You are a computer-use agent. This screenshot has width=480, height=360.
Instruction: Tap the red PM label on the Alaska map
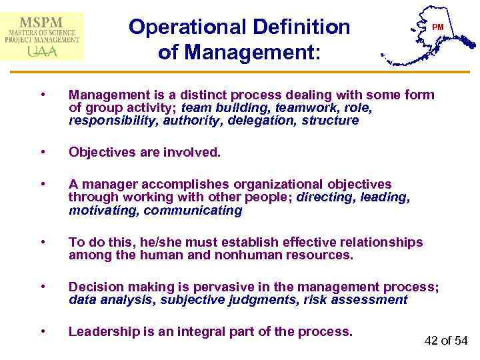[x=438, y=27]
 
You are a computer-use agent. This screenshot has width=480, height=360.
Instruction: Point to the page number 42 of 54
[x=447, y=341]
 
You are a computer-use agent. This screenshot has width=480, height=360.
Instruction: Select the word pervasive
[x=211, y=287]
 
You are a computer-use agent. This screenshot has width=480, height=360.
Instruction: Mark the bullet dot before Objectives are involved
[x=43, y=152]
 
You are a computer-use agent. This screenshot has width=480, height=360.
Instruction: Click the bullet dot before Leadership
[x=43, y=331]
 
